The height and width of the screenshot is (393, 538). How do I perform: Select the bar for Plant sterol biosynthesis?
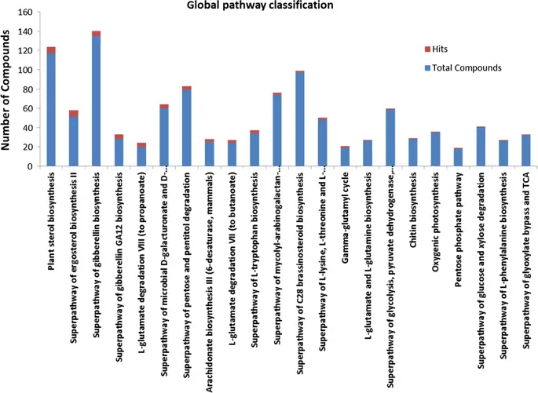(51, 110)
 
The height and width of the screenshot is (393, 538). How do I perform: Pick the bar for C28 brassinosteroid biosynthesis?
(300, 122)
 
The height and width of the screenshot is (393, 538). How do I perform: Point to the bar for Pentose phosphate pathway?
(458, 158)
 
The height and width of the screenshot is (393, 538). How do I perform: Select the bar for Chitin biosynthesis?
(413, 153)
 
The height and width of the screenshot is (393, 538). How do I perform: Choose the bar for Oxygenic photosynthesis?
(435, 150)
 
